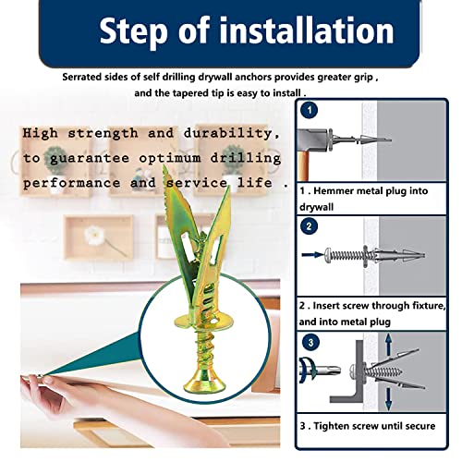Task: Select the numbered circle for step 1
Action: [x=310, y=108]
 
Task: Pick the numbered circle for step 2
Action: [x=310, y=224]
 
